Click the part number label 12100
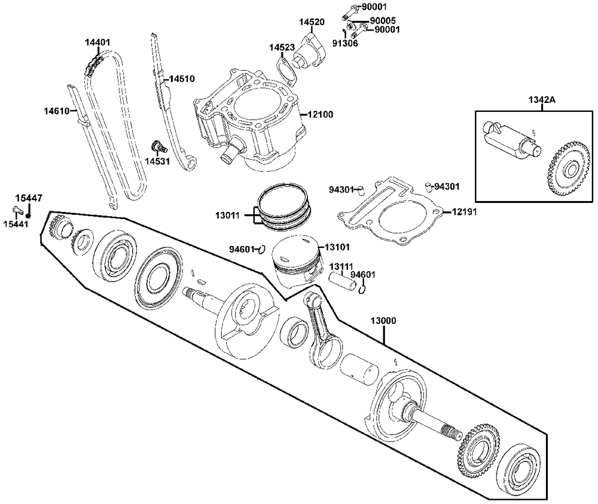click(321, 114)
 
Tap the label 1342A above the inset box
click(541, 99)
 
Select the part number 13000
click(383, 321)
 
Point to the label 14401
click(97, 42)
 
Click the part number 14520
click(312, 22)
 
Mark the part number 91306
click(346, 43)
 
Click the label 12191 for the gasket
click(464, 212)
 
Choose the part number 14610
click(56, 111)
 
